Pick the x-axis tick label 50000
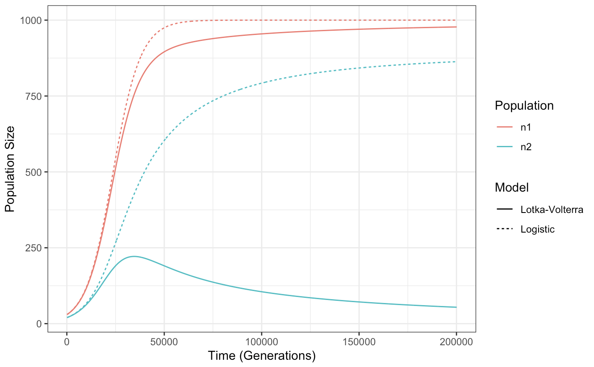click(164, 342)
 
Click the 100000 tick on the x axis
click(262, 342)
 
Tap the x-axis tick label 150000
click(359, 342)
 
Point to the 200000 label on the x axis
click(456, 342)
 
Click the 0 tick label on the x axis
click(67, 342)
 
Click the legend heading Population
click(524, 106)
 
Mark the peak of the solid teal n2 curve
click(134, 256)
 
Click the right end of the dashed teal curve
click(456, 62)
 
